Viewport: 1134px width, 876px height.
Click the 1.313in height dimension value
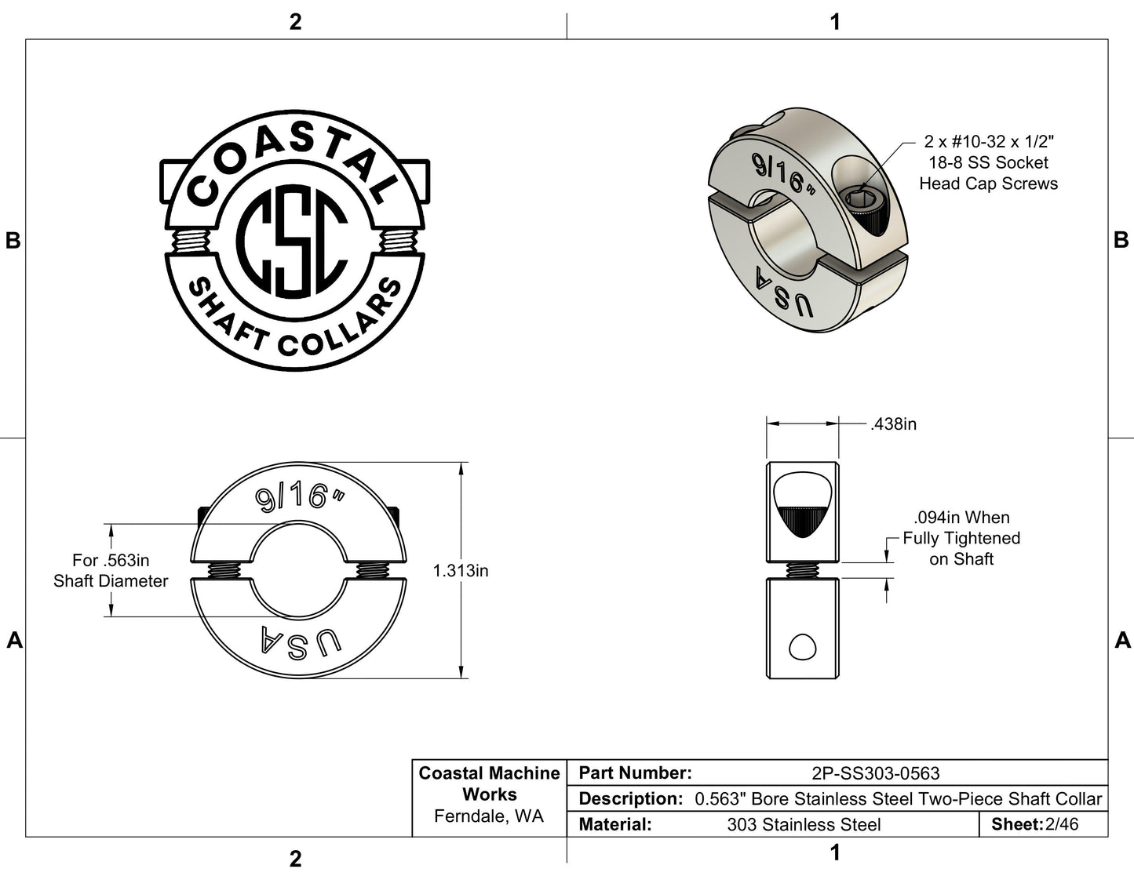[461, 571]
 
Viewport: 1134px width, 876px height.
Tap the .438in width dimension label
[893, 424]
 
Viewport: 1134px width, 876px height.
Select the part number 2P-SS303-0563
[875, 773]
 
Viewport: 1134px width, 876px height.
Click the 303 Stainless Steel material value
[804, 824]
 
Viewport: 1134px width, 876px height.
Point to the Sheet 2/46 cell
[1034, 824]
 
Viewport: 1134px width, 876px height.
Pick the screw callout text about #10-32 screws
[988, 162]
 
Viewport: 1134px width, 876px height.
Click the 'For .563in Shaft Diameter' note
[111, 571]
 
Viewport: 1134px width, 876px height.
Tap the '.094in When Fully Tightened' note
[961, 538]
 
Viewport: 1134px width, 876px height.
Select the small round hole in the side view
[802, 648]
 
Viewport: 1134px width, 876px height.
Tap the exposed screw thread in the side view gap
[802, 570]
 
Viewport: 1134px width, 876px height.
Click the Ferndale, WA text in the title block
[489, 816]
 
